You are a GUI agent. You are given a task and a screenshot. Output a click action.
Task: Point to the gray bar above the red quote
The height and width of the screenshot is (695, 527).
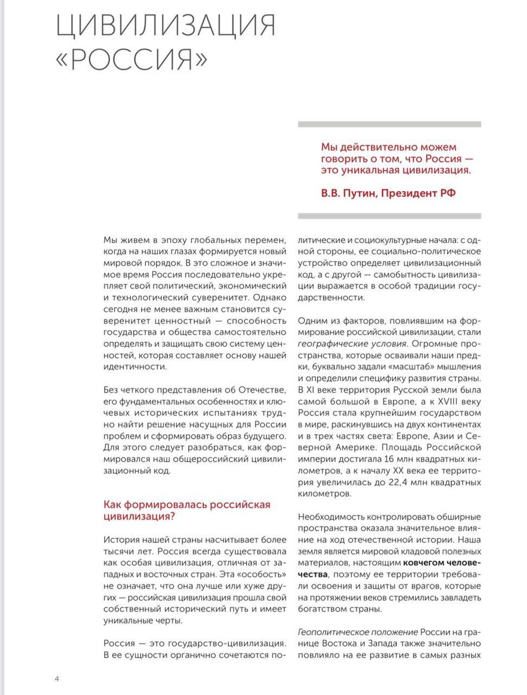pos(389,124)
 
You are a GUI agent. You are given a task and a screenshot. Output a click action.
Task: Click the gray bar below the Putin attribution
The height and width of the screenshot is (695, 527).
pos(389,215)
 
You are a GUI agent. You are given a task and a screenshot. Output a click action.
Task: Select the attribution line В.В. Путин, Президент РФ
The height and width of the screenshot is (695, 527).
pos(388,193)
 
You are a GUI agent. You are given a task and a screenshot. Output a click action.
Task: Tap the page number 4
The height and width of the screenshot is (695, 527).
pos(57,678)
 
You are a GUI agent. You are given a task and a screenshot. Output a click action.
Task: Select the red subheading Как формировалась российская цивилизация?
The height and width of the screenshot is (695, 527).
pos(186,510)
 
